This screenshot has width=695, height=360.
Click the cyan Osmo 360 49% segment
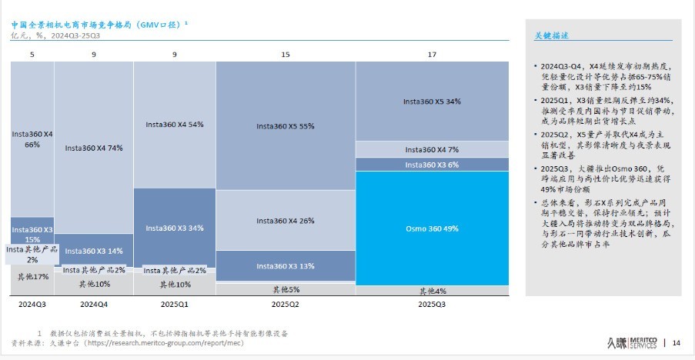click(432, 228)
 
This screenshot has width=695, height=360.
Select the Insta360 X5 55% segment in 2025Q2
click(285, 125)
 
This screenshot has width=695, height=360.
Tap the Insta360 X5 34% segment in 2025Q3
click(432, 102)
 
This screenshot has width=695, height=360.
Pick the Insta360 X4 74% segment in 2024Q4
click(94, 148)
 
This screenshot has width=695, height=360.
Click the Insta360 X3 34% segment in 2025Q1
click(174, 228)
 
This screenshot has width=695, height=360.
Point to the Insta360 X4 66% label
click(32, 139)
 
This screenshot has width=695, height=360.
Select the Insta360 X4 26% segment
click(285, 221)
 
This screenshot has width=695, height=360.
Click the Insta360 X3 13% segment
click(285, 265)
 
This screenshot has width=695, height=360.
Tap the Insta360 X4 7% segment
click(432, 149)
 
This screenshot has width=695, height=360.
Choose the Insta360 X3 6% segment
click(432, 165)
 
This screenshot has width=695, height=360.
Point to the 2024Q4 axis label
click(94, 305)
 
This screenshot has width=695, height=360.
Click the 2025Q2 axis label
click(285, 305)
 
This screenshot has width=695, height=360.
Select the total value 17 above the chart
click(432, 55)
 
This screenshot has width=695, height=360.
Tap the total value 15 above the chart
click(285, 55)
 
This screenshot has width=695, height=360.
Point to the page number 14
click(677, 342)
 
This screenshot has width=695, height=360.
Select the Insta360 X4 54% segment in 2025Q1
click(174, 124)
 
